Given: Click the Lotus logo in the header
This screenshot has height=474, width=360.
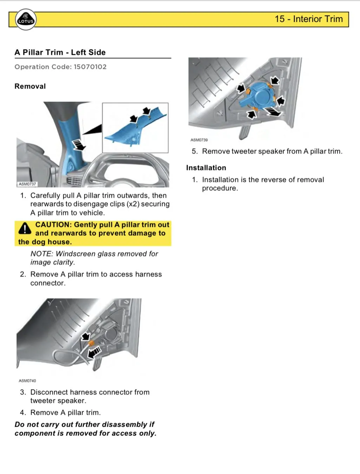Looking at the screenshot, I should [x=26, y=20].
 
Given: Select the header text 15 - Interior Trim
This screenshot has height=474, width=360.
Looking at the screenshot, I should [x=308, y=19].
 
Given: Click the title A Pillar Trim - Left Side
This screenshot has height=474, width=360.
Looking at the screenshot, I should [x=60, y=52].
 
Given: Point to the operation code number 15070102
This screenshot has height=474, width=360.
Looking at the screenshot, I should [x=90, y=67].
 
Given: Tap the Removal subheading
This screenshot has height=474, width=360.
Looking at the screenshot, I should [x=30, y=86].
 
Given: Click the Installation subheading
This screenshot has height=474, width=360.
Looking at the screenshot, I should [x=206, y=168].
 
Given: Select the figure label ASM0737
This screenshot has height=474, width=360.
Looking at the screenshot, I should [x=27, y=184].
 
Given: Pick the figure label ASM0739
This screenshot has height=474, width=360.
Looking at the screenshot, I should [x=199, y=140].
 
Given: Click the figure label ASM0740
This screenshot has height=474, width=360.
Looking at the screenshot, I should [x=27, y=381].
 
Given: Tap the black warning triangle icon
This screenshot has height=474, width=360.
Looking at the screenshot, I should [x=25, y=228].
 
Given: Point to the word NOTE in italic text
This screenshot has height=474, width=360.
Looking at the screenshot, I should [x=41, y=254].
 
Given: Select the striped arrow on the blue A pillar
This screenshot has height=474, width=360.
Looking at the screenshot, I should [x=79, y=144].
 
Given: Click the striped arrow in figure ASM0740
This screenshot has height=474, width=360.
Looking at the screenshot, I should [x=94, y=352].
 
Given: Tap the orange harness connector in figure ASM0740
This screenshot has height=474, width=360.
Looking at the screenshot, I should [x=92, y=343].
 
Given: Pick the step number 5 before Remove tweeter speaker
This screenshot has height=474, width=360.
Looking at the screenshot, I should [x=194, y=151].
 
